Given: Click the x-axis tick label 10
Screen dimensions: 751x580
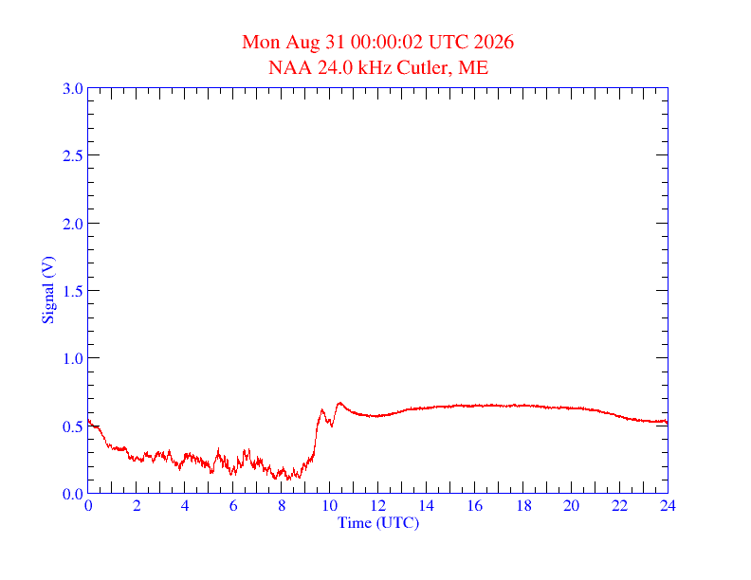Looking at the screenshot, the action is (330, 505).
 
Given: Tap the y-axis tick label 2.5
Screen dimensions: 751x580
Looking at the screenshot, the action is (73, 155).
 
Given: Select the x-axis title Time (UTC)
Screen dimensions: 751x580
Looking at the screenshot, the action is (378, 522).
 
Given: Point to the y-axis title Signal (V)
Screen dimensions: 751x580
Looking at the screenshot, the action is (48, 290).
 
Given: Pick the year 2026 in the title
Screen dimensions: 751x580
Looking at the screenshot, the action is (494, 42).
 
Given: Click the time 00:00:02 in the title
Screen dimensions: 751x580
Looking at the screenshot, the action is (387, 42).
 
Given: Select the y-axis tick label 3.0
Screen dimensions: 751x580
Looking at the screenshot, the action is (73, 88).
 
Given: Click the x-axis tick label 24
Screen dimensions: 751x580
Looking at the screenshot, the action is (668, 505).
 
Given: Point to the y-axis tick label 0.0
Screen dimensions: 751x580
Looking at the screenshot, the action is (73, 494).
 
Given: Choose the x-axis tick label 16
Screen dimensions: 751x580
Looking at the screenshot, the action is (475, 505).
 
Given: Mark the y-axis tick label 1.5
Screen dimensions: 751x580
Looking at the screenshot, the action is (73, 291).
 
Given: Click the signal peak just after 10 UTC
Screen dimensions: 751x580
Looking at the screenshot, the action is (339, 403).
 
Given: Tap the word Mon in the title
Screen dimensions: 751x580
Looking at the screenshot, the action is (261, 42).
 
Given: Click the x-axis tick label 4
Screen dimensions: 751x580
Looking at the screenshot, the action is (185, 505).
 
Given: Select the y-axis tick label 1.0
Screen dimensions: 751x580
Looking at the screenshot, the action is (73, 358).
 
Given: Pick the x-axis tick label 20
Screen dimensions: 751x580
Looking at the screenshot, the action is (571, 505).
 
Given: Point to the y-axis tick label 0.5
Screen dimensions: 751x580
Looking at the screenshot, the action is (73, 426).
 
